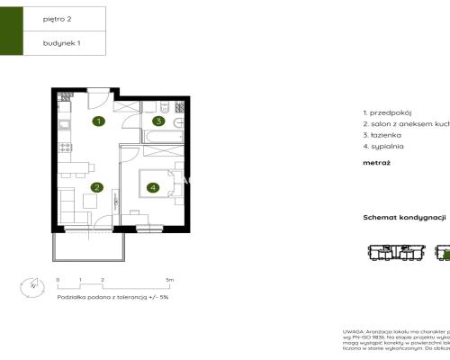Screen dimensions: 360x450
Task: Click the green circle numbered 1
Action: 99,121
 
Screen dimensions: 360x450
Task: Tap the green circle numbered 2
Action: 95,187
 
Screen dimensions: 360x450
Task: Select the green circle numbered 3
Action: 157,121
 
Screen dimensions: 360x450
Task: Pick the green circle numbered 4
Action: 153,187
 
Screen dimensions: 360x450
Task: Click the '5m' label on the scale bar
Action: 170,280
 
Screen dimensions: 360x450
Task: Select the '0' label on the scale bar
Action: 58,280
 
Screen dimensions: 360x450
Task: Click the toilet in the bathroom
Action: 177,121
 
